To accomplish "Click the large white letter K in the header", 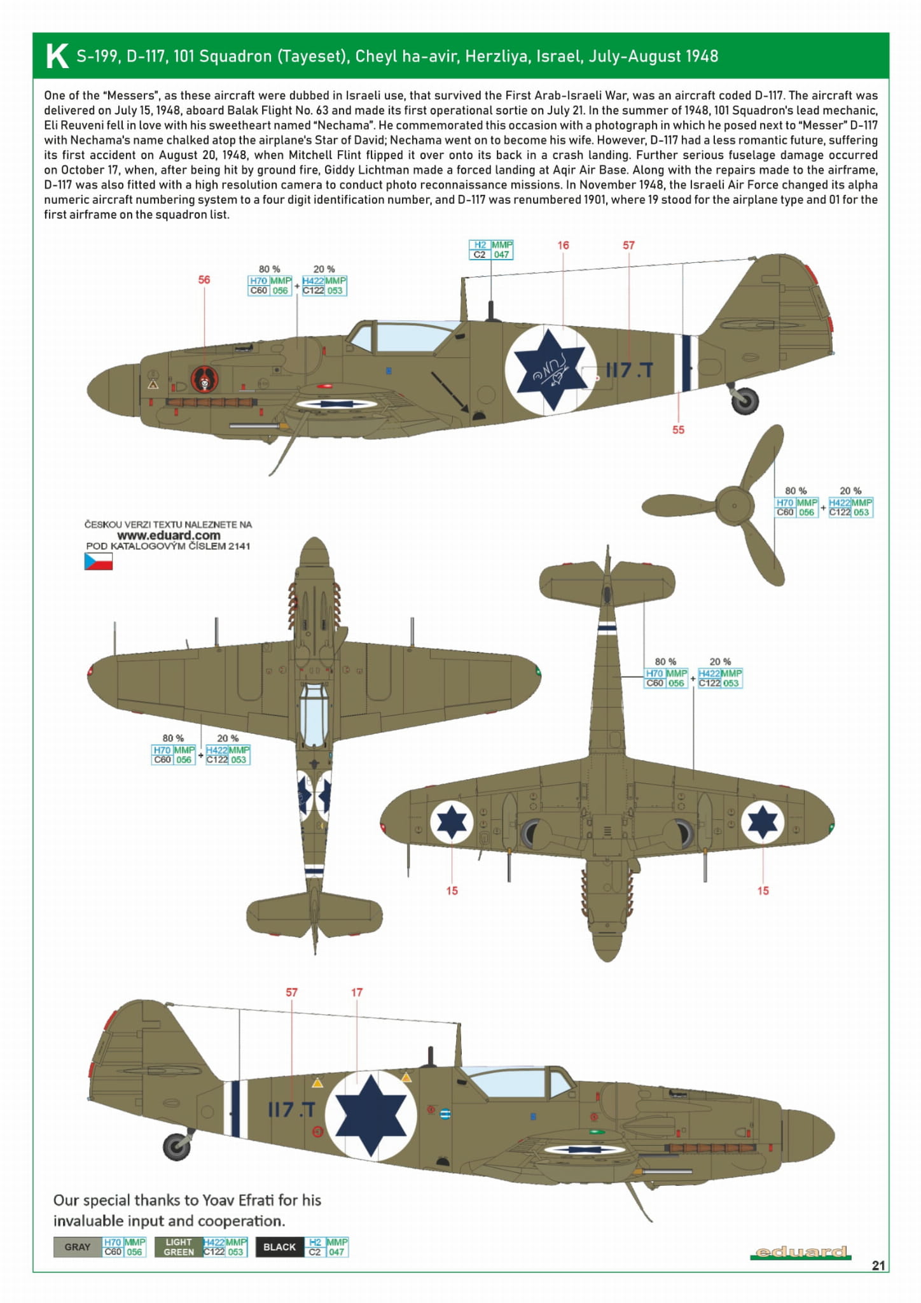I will (57, 56).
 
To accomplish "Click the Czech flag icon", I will (98, 561).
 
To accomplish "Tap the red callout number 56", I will (204, 279).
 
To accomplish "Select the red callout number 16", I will (563, 245).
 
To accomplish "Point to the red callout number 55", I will (678, 430).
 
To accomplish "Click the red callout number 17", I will (357, 992).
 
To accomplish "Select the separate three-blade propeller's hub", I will (734, 506).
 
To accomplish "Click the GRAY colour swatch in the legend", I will (78, 1247).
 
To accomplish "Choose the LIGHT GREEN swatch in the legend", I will (178, 1247).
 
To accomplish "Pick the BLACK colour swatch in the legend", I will (279, 1247).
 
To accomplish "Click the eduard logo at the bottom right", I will (800, 1252).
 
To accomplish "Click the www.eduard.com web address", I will (169, 535).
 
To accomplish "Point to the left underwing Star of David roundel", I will (452, 822).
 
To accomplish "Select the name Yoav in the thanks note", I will (219, 1200).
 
